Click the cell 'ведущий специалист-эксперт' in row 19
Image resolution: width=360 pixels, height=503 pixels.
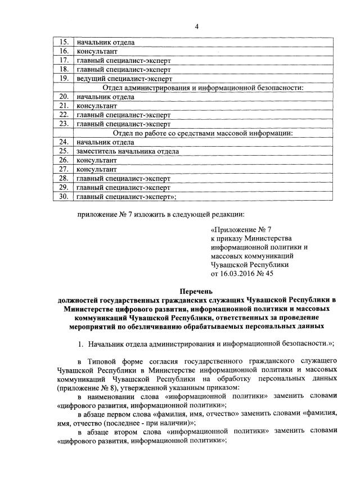click(x=124, y=79)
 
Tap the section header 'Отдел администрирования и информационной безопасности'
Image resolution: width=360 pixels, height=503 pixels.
click(x=202, y=88)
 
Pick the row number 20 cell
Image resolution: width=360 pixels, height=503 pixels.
click(x=64, y=97)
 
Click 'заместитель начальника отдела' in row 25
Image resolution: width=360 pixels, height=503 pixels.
click(x=128, y=151)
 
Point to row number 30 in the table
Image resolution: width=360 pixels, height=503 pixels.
click(x=64, y=196)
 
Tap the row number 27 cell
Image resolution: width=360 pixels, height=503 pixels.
click(x=64, y=169)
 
